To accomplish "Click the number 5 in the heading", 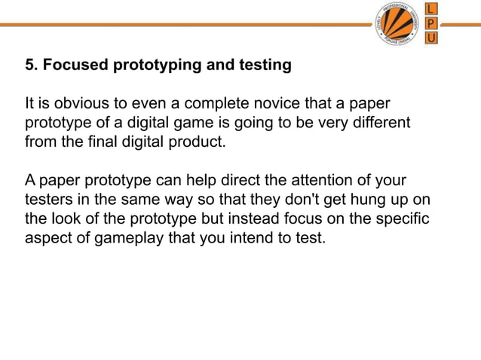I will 30,66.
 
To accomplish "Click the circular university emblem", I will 397,24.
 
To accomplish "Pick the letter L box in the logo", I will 430,8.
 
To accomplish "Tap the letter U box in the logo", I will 430,38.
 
